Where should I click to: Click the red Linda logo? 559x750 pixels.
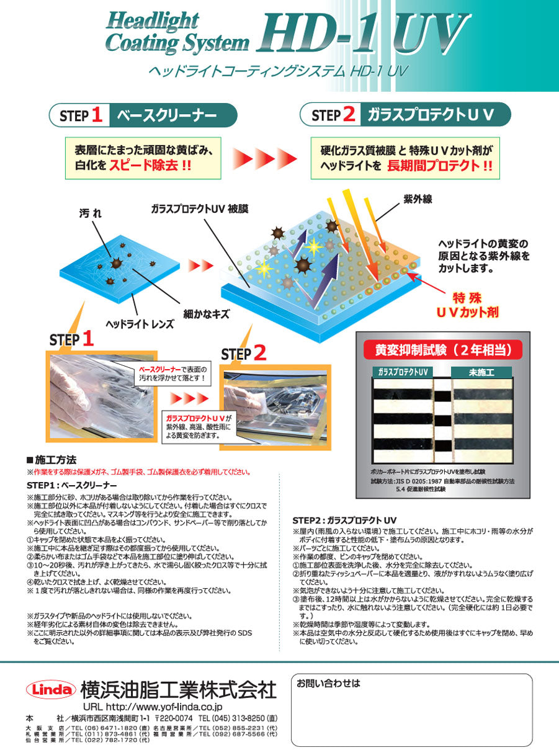pos(51,689)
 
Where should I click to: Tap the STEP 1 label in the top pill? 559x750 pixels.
pos(80,115)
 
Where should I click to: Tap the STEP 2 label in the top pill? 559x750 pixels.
pos(333,115)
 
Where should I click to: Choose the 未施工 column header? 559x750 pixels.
pos(481,372)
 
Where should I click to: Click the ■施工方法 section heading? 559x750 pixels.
pos(52,460)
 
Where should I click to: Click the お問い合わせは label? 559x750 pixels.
pos(328,684)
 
